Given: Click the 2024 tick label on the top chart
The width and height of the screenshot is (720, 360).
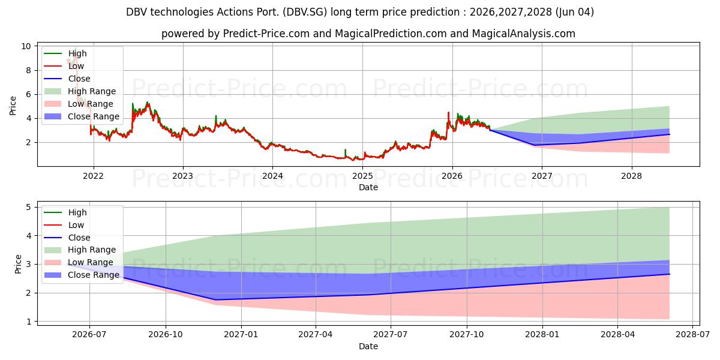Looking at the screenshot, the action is (x=272, y=176).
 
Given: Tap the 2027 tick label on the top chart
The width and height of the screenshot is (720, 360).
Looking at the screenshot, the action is (x=542, y=176).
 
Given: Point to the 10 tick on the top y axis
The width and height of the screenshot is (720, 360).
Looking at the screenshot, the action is (x=26, y=46).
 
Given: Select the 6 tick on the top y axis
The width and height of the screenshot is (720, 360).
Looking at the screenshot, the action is (x=29, y=95).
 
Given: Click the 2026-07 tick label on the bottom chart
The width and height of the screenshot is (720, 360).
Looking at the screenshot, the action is (x=89, y=335).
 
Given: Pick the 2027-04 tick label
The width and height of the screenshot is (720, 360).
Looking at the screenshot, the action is (x=316, y=335).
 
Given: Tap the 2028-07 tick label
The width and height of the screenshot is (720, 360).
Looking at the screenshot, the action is (x=692, y=335).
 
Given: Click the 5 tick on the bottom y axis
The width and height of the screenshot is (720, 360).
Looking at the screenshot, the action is (x=29, y=208).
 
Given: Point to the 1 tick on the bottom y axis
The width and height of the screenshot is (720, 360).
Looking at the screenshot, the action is (x=29, y=322).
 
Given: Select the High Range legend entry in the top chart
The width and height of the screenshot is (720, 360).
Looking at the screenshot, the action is (x=80, y=91).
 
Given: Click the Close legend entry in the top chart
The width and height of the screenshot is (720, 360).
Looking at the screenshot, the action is (x=67, y=79).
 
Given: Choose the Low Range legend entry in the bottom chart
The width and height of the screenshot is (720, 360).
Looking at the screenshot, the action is (x=79, y=262).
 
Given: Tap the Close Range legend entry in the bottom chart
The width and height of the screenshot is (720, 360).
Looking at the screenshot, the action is (x=82, y=275).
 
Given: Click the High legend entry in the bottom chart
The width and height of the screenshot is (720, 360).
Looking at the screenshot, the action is (x=65, y=212).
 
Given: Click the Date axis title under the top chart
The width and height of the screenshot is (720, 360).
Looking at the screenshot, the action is (x=368, y=187).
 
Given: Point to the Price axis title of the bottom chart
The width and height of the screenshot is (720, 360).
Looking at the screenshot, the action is (x=18, y=264).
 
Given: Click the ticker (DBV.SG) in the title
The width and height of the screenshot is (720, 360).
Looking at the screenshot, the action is (x=305, y=12).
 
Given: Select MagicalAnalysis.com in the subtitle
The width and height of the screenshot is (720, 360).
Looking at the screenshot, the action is (x=524, y=34).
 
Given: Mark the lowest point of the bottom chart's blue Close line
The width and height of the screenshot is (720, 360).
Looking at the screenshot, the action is (x=215, y=300).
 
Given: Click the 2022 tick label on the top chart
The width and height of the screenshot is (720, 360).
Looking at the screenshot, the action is (x=93, y=176).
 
